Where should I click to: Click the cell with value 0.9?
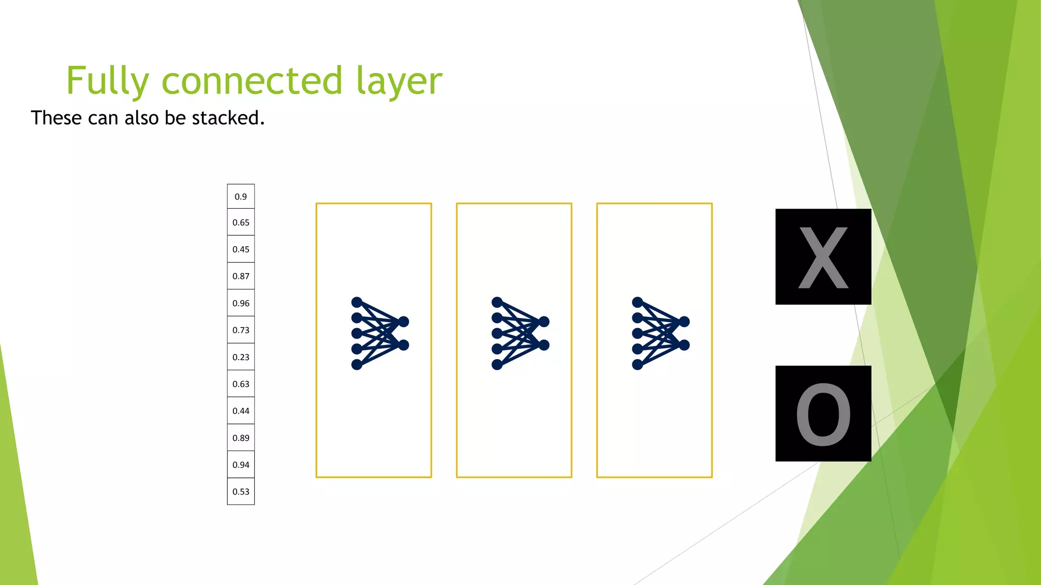click(241, 197)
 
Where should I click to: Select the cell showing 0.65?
click(241, 222)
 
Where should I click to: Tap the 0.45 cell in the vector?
click(241, 249)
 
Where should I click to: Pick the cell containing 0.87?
click(241, 276)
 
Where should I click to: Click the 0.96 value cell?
click(241, 303)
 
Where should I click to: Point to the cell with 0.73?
click(241, 330)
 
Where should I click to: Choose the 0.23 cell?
click(241, 357)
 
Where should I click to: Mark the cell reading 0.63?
click(241, 384)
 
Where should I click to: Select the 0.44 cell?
click(241, 411)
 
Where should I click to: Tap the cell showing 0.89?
click(241, 438)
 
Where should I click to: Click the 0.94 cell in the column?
click(241, 465)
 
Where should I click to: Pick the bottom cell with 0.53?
click(241, 492)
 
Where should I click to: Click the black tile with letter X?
click(823, 257)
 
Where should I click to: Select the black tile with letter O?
click(823, 413)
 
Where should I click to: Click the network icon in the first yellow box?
click(380, 333)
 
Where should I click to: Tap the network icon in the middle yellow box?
click(520, 333)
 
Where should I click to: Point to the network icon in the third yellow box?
click(660, 333)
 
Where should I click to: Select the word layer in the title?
click(399, 81)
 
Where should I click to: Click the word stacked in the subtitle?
click(228, 118)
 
